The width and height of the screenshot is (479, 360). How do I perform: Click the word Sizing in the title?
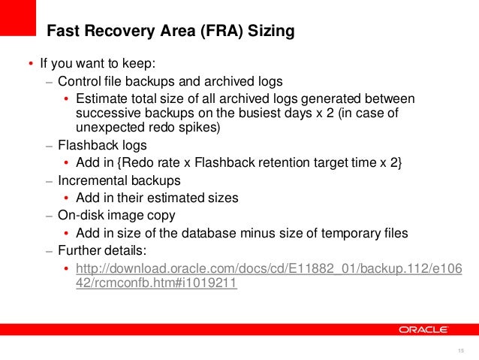[x=269, y=32]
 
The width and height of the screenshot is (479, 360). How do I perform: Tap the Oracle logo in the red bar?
[x=423, y=329]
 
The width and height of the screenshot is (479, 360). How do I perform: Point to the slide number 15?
[x=460, y=352]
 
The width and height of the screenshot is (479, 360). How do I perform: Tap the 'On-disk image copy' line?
[x=116, y=216]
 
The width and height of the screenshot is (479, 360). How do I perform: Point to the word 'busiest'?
[x=270, y=113]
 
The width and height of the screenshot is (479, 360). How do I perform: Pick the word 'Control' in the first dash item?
[x=79, y=81]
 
